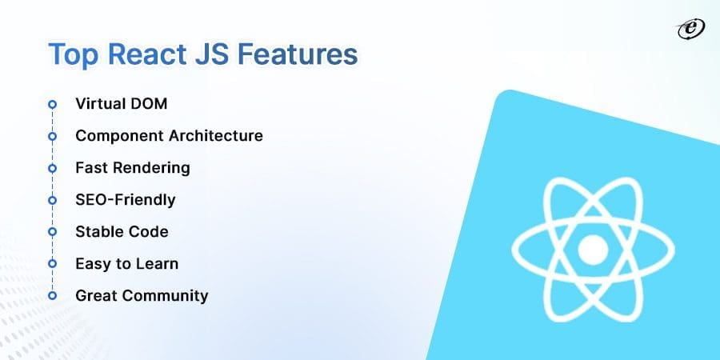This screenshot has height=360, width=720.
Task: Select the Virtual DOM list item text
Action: pos(121,104)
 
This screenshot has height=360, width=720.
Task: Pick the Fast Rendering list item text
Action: pos(132,168)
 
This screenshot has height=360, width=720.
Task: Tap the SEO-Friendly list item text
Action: pos(125,200)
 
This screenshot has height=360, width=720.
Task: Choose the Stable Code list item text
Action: pos(122,232)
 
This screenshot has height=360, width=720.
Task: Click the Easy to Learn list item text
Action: pos(126,264)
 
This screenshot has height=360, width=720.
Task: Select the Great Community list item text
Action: pos(142,296)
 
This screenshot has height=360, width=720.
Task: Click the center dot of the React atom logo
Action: pos(594,250)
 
